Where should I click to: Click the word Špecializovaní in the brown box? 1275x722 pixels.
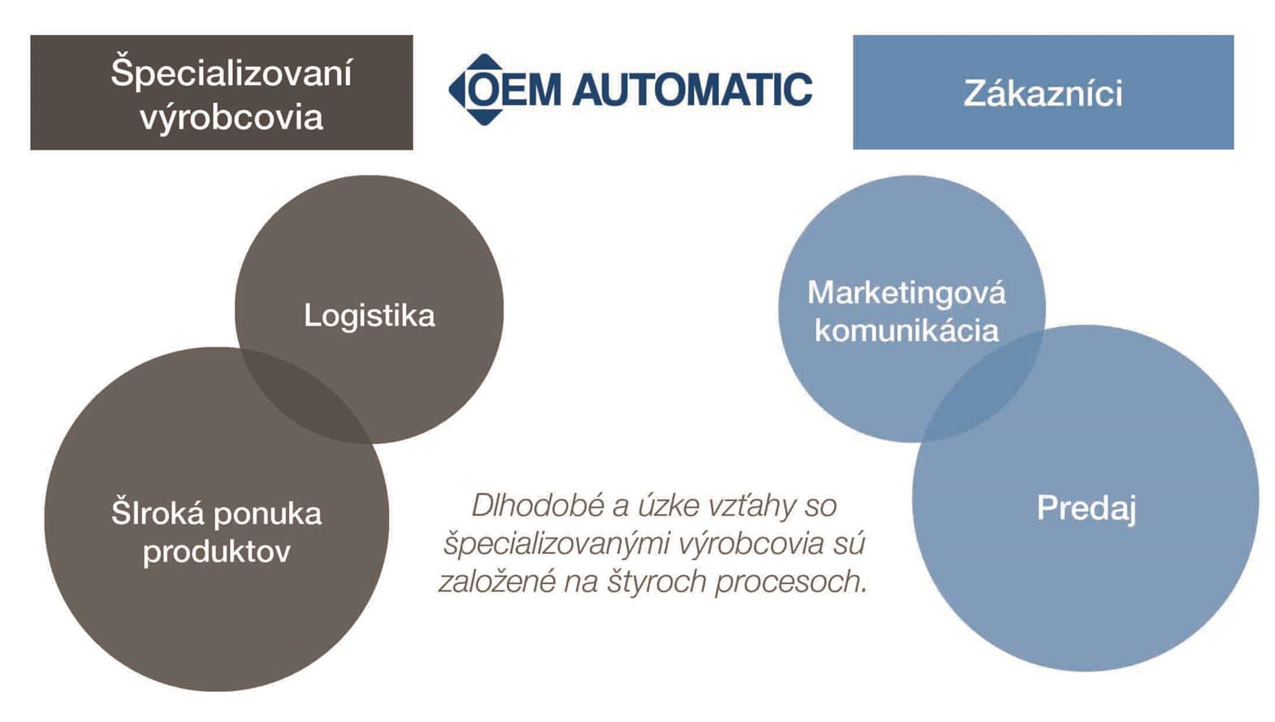[231, 73]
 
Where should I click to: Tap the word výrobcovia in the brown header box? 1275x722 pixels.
[231, 118]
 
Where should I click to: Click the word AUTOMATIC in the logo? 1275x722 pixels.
[692, 89]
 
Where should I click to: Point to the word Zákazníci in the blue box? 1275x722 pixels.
[1043, 93]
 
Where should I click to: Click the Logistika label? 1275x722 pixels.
[370, 315]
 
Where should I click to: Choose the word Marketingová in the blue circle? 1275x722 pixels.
[906, 292]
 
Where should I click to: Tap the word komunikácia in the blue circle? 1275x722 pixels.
[906, 331]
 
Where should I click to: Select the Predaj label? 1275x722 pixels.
[1086, 508]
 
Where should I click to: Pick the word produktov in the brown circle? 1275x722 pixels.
[217, 552]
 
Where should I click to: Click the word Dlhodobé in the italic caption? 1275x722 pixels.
[538, 506]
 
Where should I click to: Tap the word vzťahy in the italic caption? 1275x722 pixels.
[752, 506]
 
